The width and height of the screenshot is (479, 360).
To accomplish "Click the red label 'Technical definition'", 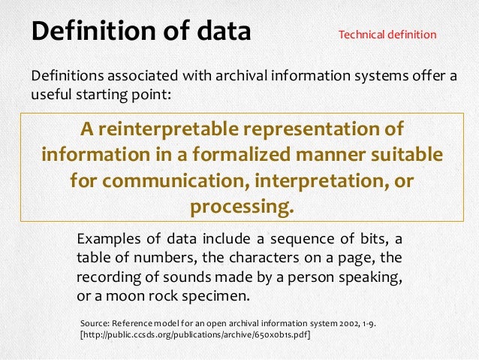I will coord(387,35).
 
